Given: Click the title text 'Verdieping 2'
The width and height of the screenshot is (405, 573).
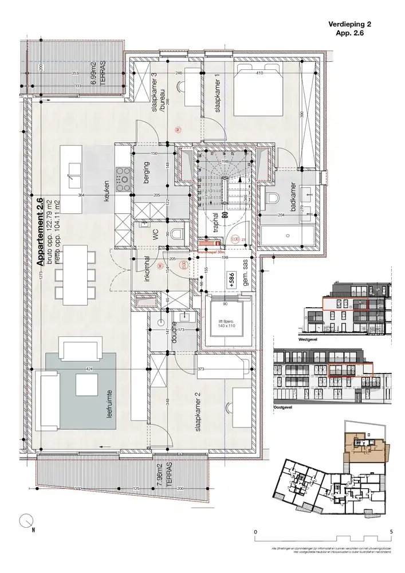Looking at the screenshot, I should (x=349, y=24).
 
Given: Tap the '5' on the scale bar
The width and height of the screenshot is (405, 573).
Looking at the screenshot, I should (x=391, y=532).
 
